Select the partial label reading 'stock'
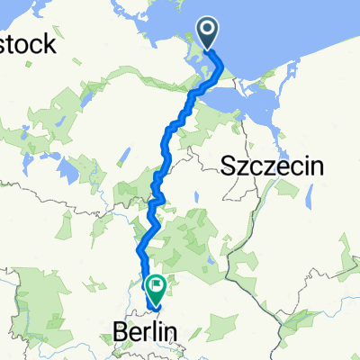28,43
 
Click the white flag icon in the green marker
157,287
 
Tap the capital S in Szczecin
227,166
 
